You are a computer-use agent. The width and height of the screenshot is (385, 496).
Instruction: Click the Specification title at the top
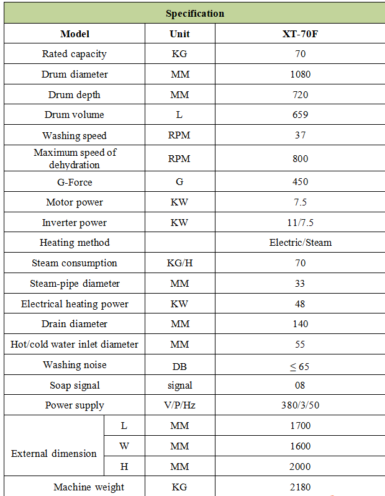click(195, 13)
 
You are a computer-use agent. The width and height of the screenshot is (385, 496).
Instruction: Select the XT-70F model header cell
click(300, 34)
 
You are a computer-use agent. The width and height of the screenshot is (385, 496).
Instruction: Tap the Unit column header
click(179, 34)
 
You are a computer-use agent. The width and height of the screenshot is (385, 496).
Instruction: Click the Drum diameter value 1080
click(300, 74)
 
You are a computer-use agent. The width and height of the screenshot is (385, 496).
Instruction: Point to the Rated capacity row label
click(74, 54)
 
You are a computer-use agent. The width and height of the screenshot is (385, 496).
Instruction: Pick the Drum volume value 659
click(300, 115)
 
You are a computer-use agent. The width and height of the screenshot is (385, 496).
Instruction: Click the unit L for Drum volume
click(179, 115)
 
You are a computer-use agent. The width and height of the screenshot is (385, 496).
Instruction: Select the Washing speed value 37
click(300, 135)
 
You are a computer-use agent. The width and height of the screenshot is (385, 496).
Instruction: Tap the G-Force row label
click(74, 182)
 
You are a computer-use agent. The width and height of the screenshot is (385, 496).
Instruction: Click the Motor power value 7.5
click(300, 202)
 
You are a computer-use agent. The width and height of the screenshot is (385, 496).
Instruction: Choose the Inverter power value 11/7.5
click(300, 223)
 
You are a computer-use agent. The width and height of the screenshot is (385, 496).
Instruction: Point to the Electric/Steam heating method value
click(300, 243)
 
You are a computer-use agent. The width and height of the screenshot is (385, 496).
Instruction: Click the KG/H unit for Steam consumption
click(179, 263)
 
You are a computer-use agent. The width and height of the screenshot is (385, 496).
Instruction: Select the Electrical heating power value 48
click(300, 304)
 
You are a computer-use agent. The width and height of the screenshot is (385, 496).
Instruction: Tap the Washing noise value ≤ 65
click(299, 366)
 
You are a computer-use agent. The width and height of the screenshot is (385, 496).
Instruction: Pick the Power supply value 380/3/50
click(300, 406)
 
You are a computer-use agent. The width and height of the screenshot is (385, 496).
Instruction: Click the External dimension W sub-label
click(124, 446)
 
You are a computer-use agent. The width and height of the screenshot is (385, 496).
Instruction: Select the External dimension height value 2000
click(300, 466)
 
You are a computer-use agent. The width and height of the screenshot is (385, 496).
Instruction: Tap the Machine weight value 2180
click(300, 487)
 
